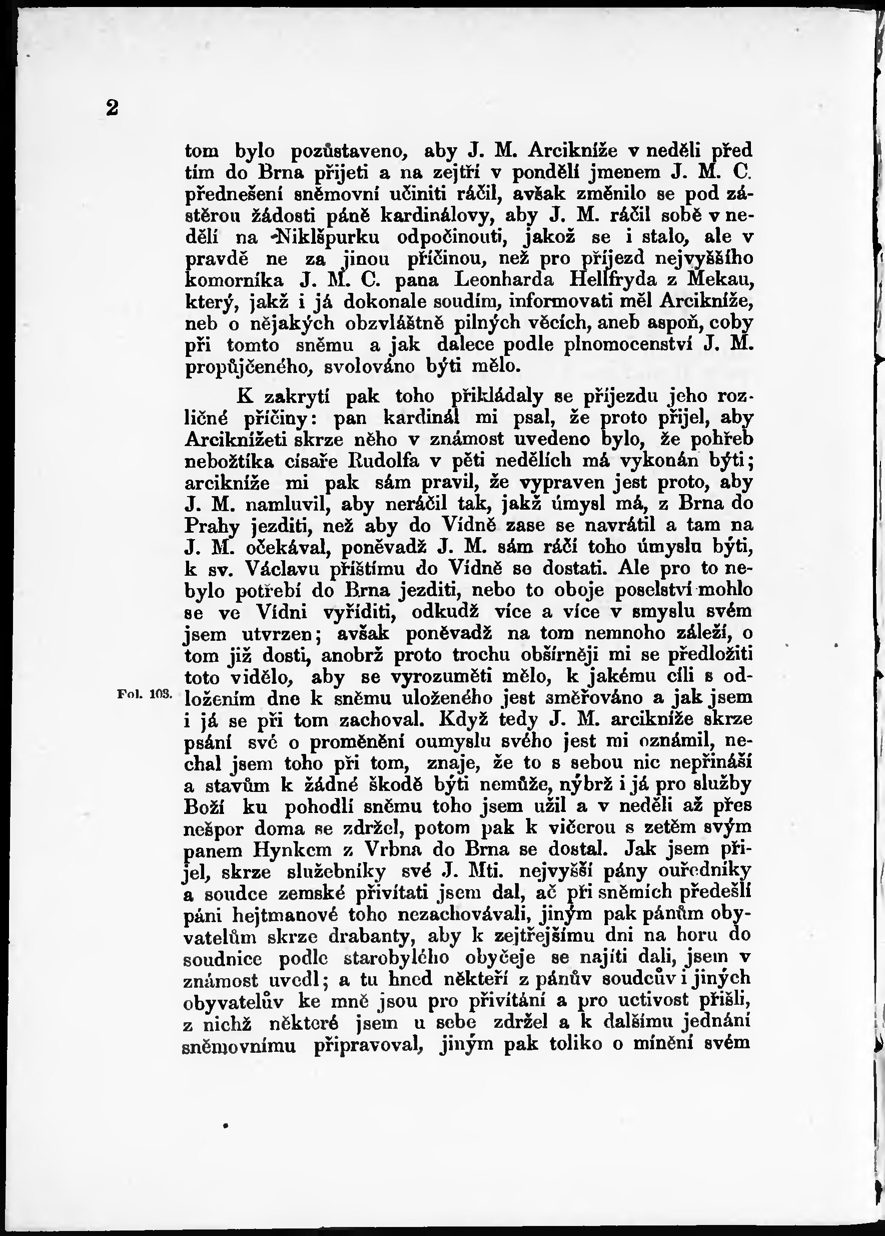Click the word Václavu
point(283,568)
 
